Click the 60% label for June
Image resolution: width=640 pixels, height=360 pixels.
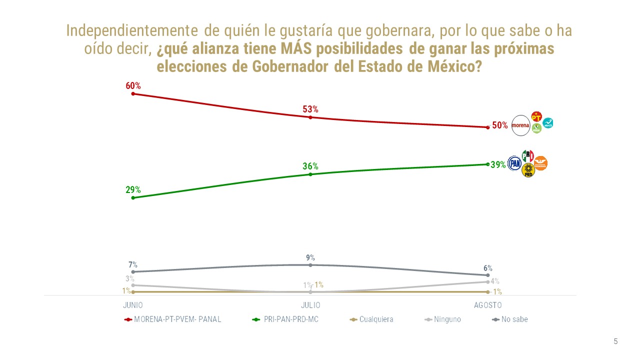tap(133, 86)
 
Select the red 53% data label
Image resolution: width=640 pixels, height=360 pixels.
tap(310, 109)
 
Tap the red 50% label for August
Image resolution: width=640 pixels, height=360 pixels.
tap(500, 125)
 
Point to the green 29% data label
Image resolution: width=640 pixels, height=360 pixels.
tap(133, 190)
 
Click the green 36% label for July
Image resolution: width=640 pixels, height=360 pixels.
tap(310, 166)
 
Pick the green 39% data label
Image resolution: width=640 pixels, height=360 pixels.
tap(498, 164)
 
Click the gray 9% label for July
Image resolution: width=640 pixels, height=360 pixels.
tap(310, 258)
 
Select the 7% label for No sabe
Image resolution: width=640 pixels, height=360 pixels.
tap(133, 265)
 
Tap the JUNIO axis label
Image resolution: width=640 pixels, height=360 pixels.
tap(133, 305)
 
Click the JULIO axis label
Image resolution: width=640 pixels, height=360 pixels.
tap(310, 305)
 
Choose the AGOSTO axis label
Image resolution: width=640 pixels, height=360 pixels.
tap(487, 305)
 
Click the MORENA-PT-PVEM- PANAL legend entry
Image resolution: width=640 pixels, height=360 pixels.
tap(177, 319)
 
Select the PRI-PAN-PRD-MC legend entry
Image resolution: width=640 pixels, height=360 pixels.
tap(290, 319)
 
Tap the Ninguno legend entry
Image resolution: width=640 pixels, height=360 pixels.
tap(447, 319)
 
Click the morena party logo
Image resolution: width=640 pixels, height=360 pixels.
tap(520, 125)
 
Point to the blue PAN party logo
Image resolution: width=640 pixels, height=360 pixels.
tap(514, 163)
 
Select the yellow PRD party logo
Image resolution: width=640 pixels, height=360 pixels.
tap(528, 171)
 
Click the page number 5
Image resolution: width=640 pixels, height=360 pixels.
tap(615, 341)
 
